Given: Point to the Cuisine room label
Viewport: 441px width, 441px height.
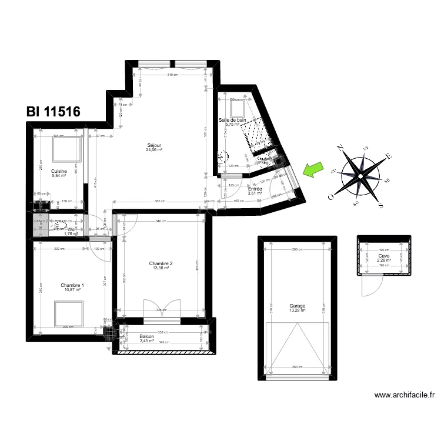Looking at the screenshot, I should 59,171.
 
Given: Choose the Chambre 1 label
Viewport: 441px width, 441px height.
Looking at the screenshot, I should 72,286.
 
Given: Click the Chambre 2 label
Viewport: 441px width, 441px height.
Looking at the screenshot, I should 162,263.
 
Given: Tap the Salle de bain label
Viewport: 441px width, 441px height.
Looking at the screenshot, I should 233,120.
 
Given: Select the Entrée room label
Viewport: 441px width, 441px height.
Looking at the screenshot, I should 255,189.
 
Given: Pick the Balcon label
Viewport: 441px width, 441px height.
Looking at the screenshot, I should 147,336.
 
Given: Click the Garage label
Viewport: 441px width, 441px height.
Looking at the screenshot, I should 297,306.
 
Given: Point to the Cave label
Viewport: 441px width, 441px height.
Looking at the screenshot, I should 384,256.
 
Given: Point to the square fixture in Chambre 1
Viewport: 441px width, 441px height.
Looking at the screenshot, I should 69,313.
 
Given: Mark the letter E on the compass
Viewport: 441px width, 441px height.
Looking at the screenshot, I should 387,156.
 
